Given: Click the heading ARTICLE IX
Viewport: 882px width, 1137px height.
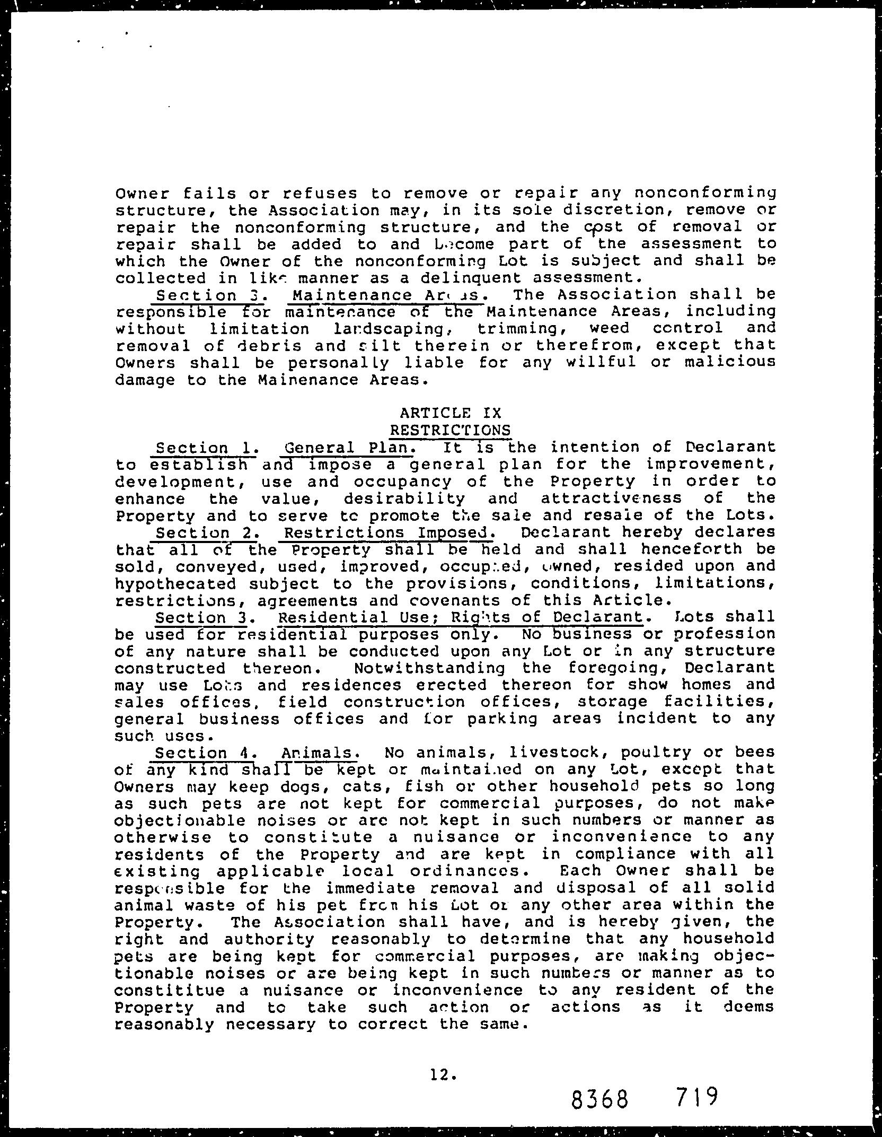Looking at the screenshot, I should (x=450, y=413).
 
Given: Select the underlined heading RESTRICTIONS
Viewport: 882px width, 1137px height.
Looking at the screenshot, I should (x=450, y=430).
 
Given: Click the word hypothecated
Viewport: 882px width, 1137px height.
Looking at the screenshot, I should (x=175, y=583).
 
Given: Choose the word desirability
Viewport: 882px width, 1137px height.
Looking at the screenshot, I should (x=404, y=498).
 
